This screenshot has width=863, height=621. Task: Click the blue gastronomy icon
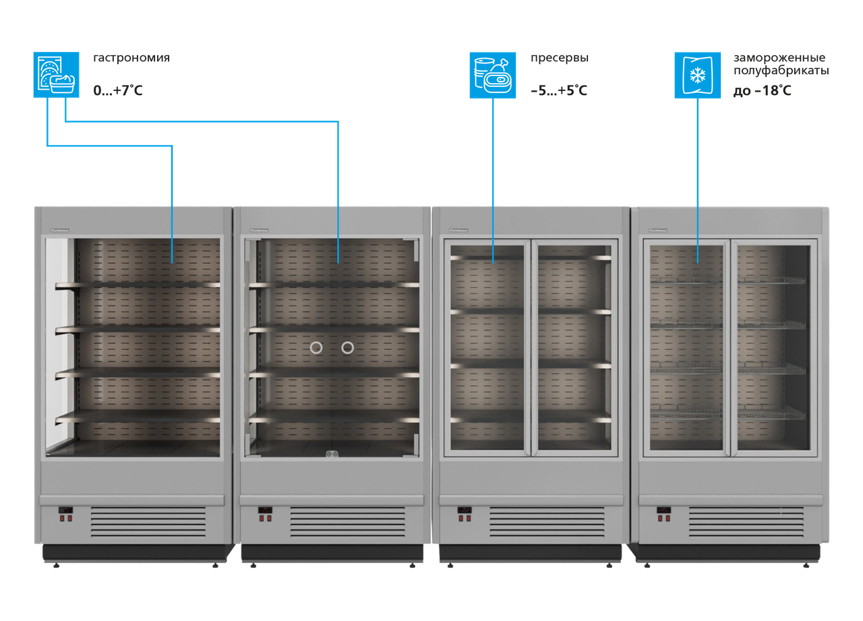57,75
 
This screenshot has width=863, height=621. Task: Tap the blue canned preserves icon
493,75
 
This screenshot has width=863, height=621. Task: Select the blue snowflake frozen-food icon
698,75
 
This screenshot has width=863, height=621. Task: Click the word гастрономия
131,58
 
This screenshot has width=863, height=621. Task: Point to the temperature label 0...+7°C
118,90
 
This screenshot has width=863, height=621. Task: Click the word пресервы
559,58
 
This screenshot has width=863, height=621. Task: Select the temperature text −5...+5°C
559,90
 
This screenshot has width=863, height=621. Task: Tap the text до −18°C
763,90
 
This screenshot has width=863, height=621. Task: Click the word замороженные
779,58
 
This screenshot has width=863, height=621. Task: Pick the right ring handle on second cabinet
347,348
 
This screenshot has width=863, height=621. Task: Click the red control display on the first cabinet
65,510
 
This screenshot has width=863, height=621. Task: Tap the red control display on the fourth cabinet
663,510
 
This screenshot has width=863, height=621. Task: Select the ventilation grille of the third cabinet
547,522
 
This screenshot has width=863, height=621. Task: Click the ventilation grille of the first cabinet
148,522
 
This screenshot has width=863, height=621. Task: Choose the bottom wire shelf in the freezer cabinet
728,413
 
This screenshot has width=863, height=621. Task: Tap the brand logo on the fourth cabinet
657,230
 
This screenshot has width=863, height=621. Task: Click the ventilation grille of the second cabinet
347,522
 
